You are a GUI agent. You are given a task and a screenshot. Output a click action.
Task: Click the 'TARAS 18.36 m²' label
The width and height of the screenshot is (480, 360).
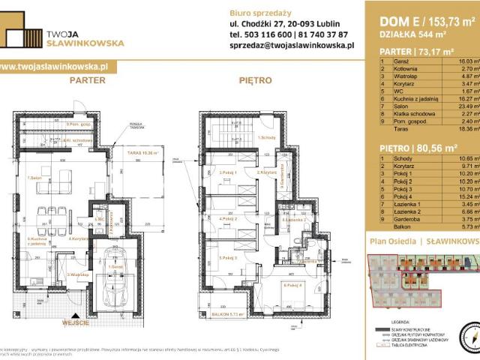pyautogui.click(x=147, y=152)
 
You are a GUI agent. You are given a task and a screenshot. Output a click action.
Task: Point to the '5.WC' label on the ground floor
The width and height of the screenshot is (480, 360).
pyautogui.click(x=100, y=220)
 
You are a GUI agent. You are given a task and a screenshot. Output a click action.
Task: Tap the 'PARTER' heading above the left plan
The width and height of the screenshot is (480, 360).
pyautogui.click(x=87, y=78)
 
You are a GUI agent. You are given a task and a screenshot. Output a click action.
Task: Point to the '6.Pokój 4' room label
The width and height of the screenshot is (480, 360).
pyautogui.click(x=292, y=285)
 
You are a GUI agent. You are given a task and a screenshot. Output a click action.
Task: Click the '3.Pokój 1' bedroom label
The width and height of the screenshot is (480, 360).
pyautogui.click(x=229, y=172)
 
